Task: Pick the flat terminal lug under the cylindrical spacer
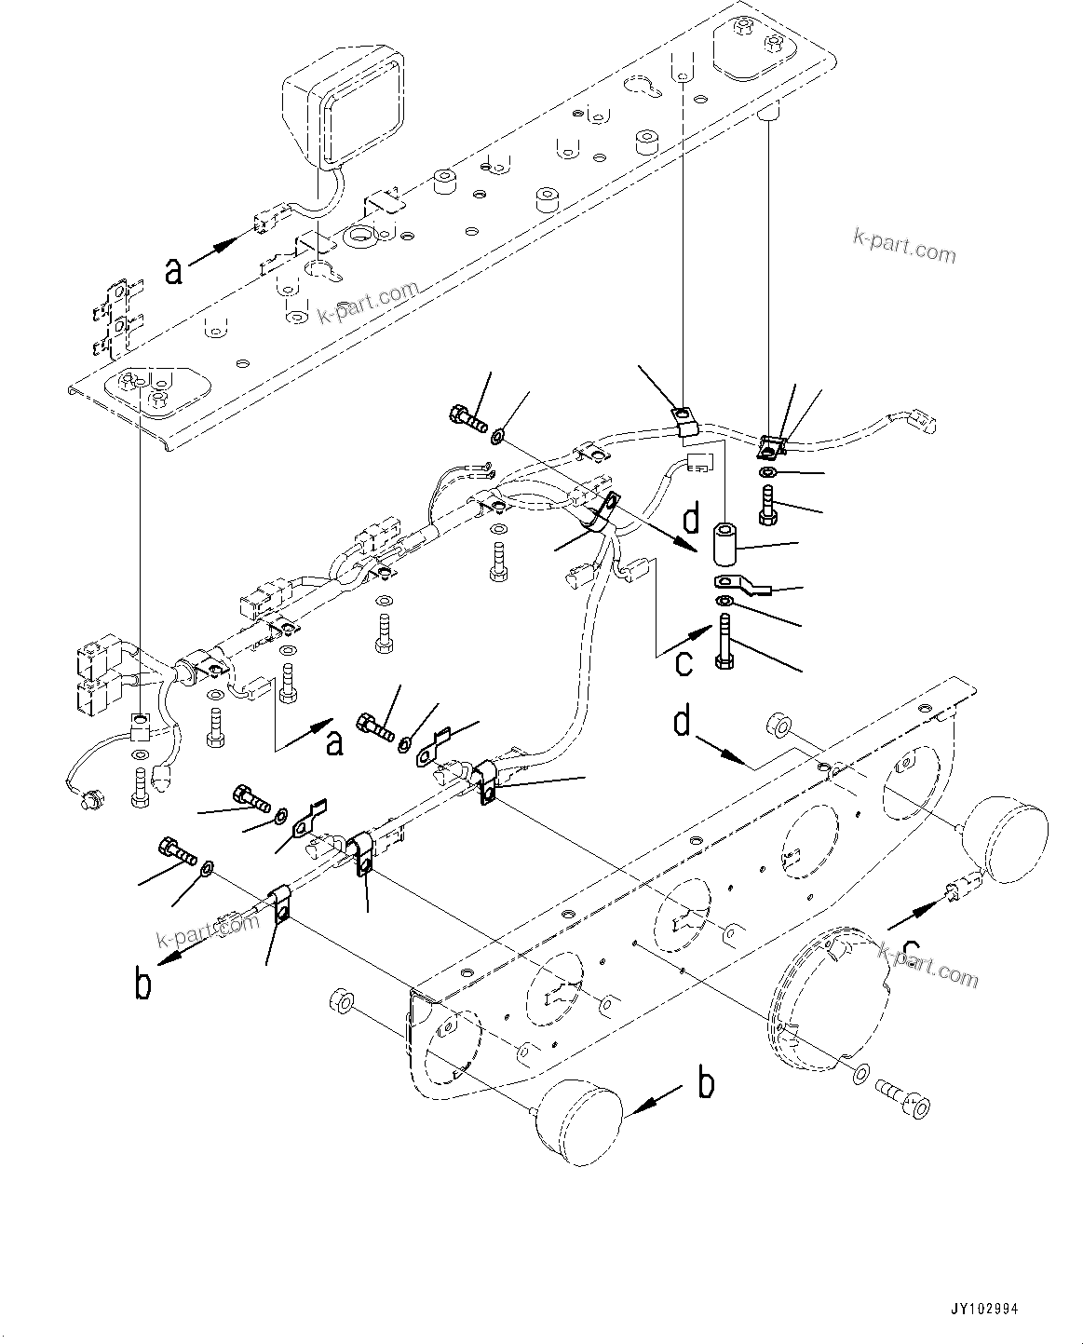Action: coord(737,585)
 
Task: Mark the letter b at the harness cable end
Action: coord(142,984)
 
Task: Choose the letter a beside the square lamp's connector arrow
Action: coord(174,271)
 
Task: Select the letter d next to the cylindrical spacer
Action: coord(691,520)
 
